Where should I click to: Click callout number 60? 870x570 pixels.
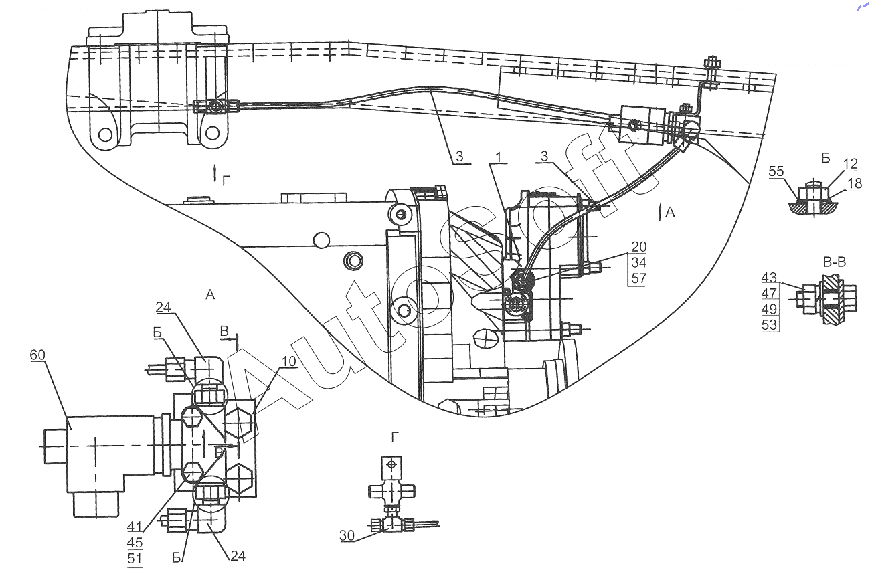[x=37, y=355]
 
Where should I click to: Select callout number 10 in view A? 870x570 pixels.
[x=289, y=361]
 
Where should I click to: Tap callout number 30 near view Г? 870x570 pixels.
[x=347, y=535]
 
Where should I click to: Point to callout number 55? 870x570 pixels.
[x=776, y=171]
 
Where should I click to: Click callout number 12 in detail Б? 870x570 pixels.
[x=850, y=163]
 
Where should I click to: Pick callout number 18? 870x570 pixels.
[x=855, y=183]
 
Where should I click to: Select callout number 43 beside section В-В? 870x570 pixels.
[x=769, y=278]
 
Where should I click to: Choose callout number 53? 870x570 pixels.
[x=769, y=324]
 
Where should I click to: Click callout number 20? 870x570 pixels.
[x=639, y=247]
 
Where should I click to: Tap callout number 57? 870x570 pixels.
[x=639, y=278]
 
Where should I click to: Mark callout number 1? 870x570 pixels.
[x=499, y=157]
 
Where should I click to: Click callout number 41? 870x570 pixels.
[x=135, y=527]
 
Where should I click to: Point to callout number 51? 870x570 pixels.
[x=135, y=559]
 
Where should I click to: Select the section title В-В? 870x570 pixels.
[x=835, y=262]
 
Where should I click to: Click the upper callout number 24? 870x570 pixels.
[x=163, y=308]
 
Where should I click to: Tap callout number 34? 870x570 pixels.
[x=639, y=262]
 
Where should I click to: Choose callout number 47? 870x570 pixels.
[x=769, y=293]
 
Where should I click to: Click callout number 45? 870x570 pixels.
[x=135, y=543]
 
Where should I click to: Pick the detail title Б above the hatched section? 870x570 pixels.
[x=826, y=159]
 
